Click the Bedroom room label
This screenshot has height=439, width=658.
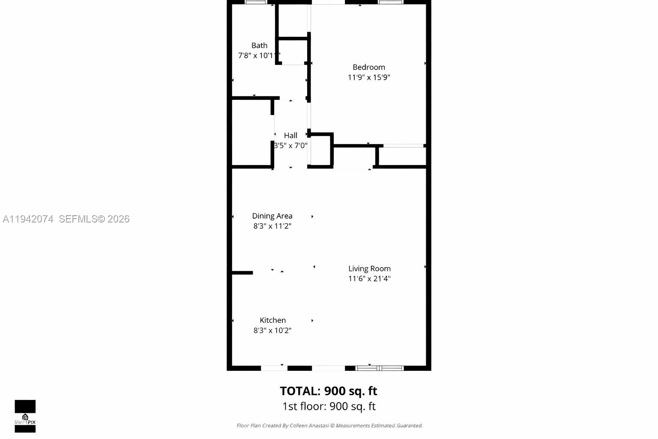(x=368, y=67)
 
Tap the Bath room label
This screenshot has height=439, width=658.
(x=259, y=45)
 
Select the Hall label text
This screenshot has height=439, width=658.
(x=290, y=135)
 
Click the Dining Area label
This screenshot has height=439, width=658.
(x=272, y=216)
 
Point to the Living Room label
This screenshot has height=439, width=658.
(x=369, y=269)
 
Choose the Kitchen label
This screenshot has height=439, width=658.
(x=272, y=320)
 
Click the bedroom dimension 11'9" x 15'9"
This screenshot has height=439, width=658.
(x=368, y=78)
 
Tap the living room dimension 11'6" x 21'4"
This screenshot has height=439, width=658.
(x=369, y=279)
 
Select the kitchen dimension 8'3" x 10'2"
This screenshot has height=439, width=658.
(x=272, y=331)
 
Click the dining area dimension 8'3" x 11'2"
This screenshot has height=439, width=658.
(x=272, y=226)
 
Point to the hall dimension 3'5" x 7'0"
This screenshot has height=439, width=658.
(x=290, y=146)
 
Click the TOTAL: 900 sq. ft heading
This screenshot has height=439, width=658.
(x=329, y=391)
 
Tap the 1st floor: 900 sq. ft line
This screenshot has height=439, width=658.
(x=329, y=406)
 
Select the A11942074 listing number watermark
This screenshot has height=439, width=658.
(x=28, y=219)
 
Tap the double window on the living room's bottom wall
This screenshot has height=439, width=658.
(x=380, y=368)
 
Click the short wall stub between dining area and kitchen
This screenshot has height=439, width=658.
(x=242, y=273)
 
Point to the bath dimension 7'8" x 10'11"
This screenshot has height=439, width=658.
(x=259, y=56)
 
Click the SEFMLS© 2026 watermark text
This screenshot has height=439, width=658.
(x=94, y=219)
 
